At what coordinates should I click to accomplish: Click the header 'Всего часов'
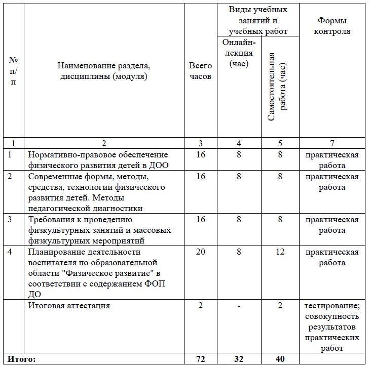point(200,71)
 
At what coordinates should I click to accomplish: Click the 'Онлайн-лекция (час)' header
point(239,53)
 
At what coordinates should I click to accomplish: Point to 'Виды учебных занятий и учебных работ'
point(259,20)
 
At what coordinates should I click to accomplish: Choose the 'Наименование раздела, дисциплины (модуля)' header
point(103,71)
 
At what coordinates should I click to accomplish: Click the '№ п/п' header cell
point(13,71)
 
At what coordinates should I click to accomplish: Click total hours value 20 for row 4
point(200,252)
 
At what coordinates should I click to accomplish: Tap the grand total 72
point(200,359)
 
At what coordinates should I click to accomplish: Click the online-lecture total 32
point(239,359)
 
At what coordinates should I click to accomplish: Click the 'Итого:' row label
point(22,359)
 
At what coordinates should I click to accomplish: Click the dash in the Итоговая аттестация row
point(239,306)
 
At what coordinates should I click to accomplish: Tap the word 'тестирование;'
point(333,306)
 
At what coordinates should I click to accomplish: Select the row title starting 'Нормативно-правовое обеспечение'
point(97,154)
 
